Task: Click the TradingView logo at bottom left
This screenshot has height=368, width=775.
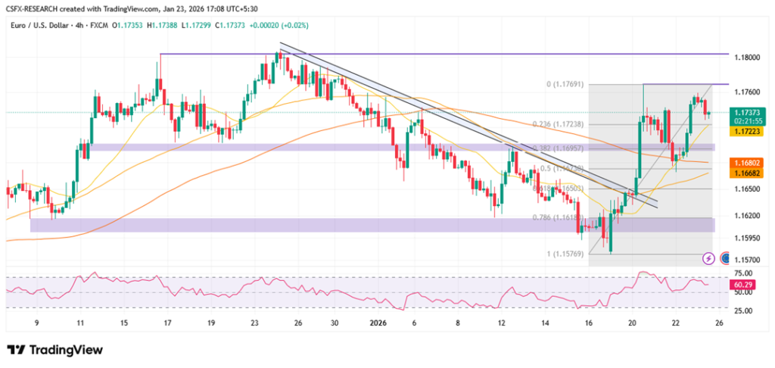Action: click(x=54, y=350)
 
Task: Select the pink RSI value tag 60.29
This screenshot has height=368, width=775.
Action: click(x=742, y=284)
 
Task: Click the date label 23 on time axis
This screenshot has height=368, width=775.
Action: click(x=254, y=322)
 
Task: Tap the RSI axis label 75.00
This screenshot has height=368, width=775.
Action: click(x=743, y=273)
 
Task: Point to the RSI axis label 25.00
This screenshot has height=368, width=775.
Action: click(x=743, y=310)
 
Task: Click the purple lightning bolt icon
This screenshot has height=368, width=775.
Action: click(x=708, y=258)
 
